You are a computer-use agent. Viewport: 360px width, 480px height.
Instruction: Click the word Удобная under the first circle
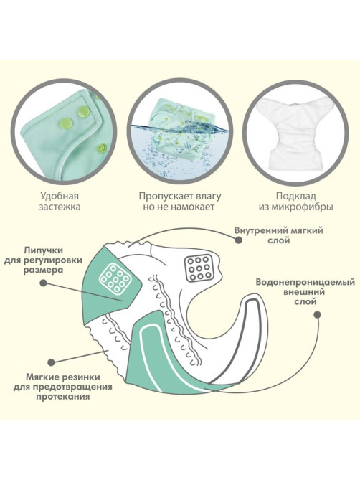[x=60, y=196]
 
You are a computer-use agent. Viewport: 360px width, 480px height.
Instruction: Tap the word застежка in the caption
[x=60, y=207]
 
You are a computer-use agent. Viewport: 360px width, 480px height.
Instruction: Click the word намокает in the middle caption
[x=193, y=207]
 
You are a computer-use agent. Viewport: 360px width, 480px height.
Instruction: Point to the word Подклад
[x=295, y=196]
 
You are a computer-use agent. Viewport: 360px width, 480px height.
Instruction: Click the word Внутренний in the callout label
[x=257, y=230]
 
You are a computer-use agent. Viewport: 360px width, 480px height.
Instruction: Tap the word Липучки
[x=43, y=250]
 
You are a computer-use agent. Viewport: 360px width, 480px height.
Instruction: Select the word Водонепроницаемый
[x=305, y=282]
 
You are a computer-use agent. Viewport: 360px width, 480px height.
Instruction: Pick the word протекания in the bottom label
[x=62, y=397]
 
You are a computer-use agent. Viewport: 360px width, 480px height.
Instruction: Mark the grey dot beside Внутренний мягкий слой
[x=239, y=240]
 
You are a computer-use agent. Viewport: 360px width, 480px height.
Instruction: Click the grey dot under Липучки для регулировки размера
[x=44, y=283]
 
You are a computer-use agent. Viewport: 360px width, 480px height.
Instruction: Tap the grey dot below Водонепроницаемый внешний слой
[x=318, y=314]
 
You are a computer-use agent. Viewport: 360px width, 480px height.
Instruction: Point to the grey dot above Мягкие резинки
[x=51, y=362]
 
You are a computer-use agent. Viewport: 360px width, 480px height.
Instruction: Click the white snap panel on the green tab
[x=115, y=278]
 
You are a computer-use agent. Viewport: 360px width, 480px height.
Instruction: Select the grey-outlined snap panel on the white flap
[x=199, y=268]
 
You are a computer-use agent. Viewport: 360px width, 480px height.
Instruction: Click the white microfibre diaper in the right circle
[x=295, y=132]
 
